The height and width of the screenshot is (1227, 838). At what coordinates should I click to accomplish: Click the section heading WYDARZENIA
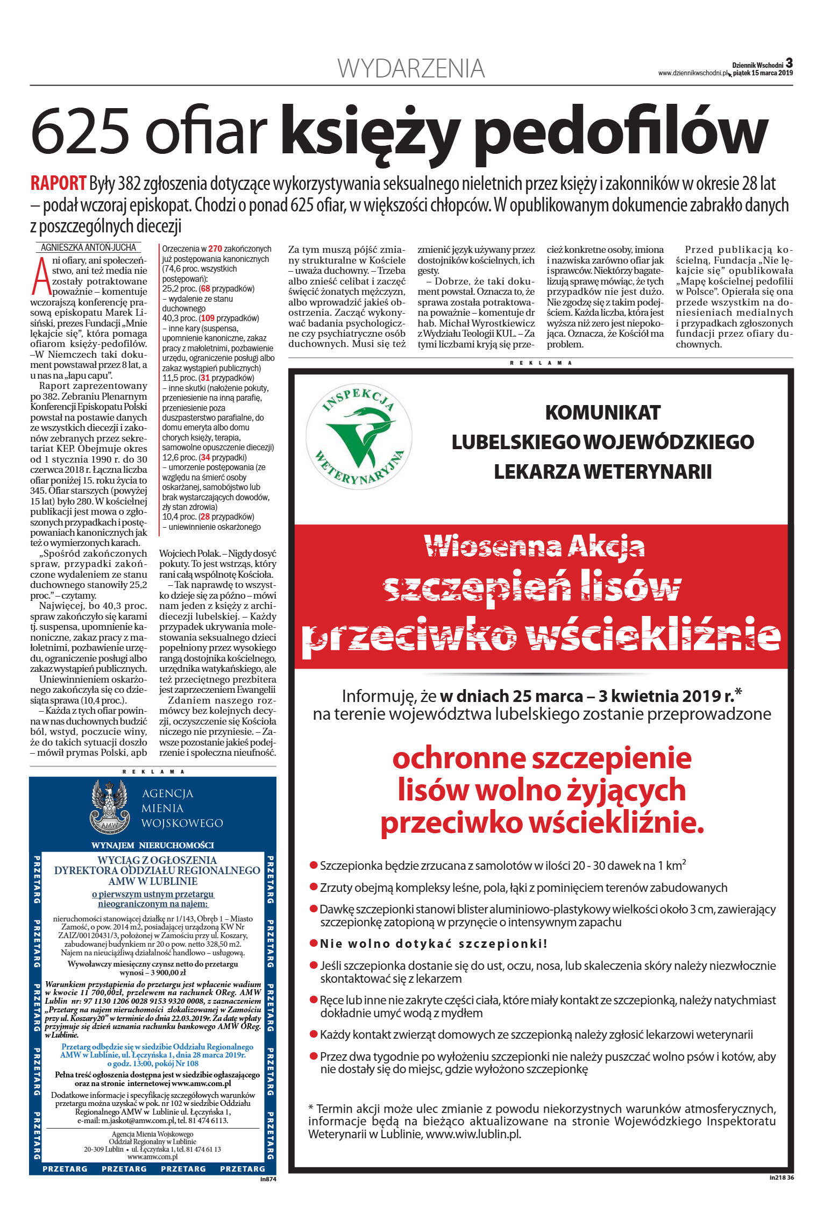coord(411,69)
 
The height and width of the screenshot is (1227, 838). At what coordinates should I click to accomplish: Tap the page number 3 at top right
coord(789,63)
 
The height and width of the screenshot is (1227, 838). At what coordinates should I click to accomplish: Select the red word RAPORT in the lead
coord(58,183)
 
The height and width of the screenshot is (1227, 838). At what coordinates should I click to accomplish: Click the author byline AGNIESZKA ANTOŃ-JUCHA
coord(89,247)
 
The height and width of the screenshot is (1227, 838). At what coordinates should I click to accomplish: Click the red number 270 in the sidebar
coord(215,249)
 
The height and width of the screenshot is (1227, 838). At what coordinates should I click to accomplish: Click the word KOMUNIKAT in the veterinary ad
coord(602,413)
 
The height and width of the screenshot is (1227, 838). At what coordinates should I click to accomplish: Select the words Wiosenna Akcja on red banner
coord(534,547)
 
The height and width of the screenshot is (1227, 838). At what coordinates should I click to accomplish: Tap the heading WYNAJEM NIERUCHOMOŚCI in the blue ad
coord(153,845)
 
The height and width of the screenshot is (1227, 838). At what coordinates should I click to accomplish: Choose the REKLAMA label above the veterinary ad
coord(541,363)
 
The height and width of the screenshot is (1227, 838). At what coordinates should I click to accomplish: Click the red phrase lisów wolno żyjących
coord(542,790)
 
